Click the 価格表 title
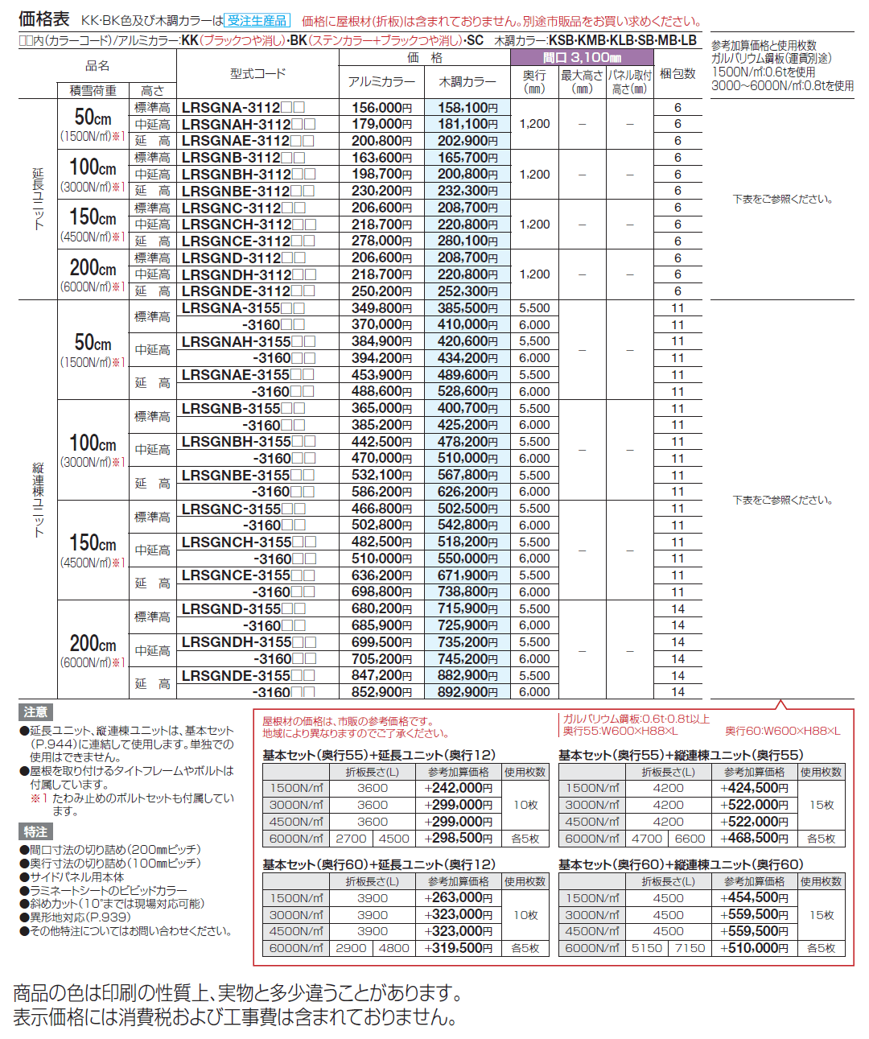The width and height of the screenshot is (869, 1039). tap(44, 19)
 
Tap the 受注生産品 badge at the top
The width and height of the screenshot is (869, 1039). tap(257, 20)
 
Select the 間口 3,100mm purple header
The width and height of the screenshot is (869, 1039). tap(581, 57)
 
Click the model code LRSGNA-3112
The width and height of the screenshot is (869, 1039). tap(231, 108)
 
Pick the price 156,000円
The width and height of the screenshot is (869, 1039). tap(381, 108)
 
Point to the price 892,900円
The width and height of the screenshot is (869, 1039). tap(467, 692)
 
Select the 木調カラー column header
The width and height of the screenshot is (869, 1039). tap(467, 81)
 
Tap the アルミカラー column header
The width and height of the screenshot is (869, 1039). tap(381, 81)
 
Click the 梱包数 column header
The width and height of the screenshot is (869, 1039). tap(677, 74)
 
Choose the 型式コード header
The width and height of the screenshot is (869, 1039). tap(257, 73)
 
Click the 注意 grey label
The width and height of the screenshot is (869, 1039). tap(35, 711)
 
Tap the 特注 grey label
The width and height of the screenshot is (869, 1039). tap(35, 831)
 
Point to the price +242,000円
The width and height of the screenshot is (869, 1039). tap(458, 789)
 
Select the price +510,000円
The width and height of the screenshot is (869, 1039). tap(754, 948)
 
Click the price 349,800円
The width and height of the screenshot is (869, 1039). tap(381, 308)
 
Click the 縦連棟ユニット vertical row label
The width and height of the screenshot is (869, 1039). tap(38, 499)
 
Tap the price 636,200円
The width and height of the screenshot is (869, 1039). tap(381, 575)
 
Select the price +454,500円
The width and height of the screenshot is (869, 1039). tap(754, 898)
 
